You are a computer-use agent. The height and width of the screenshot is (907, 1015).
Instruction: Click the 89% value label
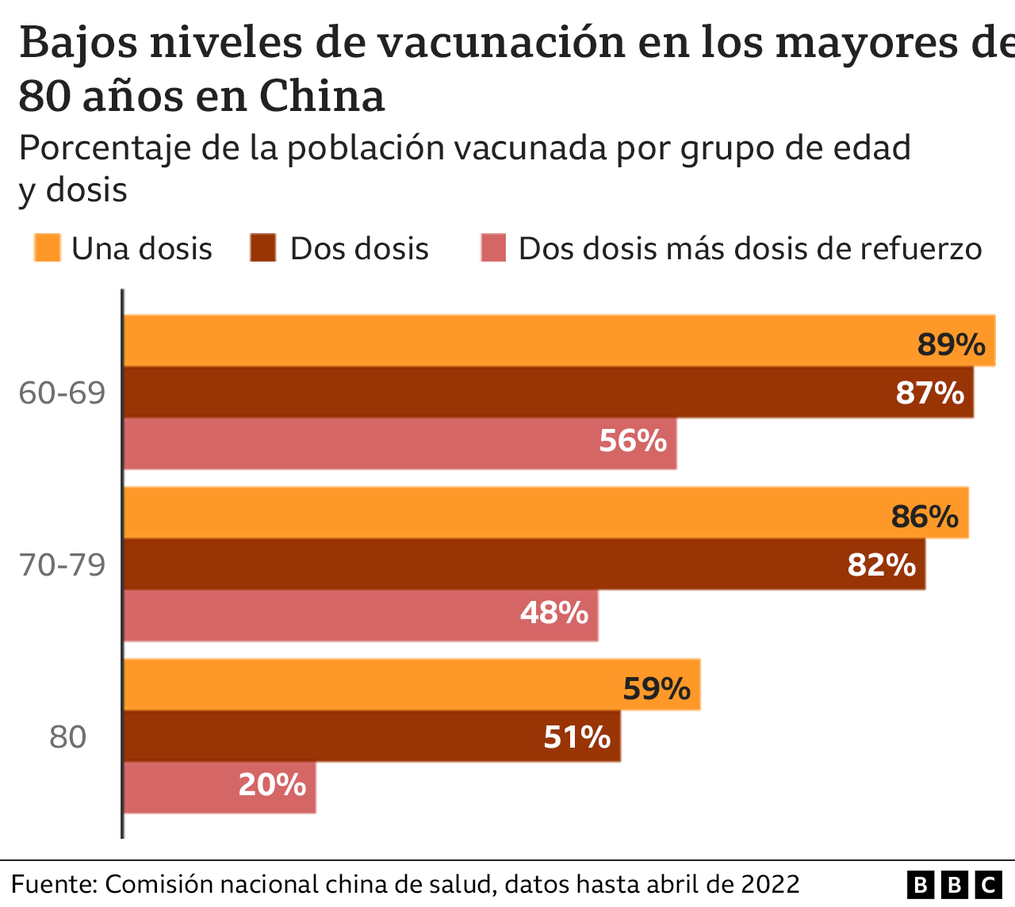(x=951, y=345)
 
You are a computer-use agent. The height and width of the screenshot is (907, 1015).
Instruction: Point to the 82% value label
(x=881, y=565)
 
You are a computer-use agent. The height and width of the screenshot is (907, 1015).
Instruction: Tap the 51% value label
(x=576, y=737)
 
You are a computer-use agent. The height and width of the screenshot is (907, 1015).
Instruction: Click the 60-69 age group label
(x=62, y=392)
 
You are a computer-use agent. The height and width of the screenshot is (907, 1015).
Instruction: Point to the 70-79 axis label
(x=62, y=565)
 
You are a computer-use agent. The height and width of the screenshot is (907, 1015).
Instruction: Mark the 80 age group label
(x=67, y=737)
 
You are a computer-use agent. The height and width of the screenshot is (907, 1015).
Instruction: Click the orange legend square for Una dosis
(x=47, y=247)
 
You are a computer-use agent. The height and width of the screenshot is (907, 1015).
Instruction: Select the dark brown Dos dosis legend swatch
(x=262, y=247)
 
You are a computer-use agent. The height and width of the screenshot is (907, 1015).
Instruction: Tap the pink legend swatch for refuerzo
(x=493, y=247)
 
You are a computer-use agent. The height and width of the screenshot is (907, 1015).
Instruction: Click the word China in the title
(x=322, y=97)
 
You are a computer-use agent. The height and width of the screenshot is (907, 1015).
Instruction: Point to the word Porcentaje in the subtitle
(x=104, y=148)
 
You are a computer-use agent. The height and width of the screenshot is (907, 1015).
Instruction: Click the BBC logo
(x=955, y=884)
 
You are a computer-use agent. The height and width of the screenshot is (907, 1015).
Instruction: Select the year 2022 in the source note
(x=770, y=884)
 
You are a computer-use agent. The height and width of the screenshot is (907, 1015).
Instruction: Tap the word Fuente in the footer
(x=53, y=884)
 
